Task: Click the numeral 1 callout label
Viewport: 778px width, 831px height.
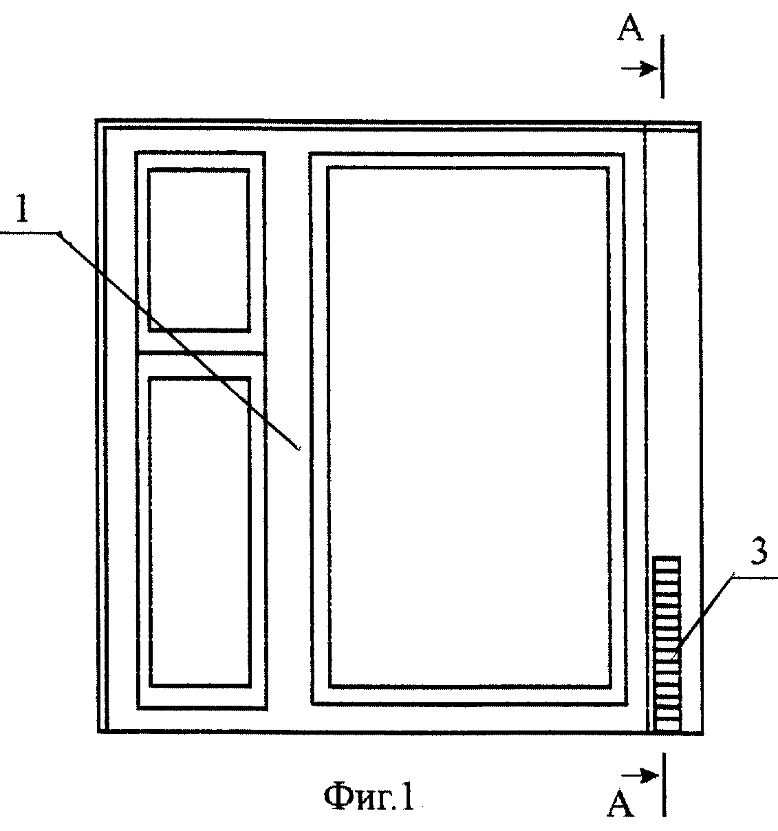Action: pos(22,208)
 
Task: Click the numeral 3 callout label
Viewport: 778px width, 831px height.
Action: pos(758,551)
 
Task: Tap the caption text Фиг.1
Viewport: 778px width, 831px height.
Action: pos(369,797)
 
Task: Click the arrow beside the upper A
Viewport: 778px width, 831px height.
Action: pos(639,69)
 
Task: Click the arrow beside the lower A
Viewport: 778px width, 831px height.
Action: pos(640,776)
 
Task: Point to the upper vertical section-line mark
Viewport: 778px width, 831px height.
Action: pos(662,67)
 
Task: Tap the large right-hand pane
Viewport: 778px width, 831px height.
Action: pos(468,428)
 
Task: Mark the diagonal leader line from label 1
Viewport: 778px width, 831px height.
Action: pos(179,341)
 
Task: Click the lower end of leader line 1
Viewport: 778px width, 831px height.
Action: pos(299,450)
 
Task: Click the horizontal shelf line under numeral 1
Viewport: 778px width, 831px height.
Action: pos(30,233)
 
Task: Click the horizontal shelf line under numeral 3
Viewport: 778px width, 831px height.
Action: pos(755,578)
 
